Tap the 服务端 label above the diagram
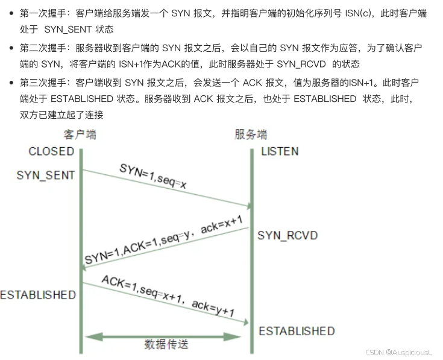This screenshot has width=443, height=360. click(251, 134)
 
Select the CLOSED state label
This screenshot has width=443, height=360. click(51, 151)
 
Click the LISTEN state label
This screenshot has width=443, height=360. click(280, 151)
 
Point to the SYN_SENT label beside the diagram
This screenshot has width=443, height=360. click(46, 175)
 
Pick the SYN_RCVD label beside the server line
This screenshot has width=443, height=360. click(287, 235)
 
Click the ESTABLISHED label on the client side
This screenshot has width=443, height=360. click(37, 295)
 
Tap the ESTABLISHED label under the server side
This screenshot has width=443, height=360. click(297, 331)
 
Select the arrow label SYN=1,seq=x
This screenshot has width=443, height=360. click(153, 176)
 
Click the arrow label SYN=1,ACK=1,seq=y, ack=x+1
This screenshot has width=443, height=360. click(164, 241)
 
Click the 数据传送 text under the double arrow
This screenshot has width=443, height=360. click(166, 344)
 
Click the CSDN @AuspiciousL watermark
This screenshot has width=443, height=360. click(399, 352)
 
